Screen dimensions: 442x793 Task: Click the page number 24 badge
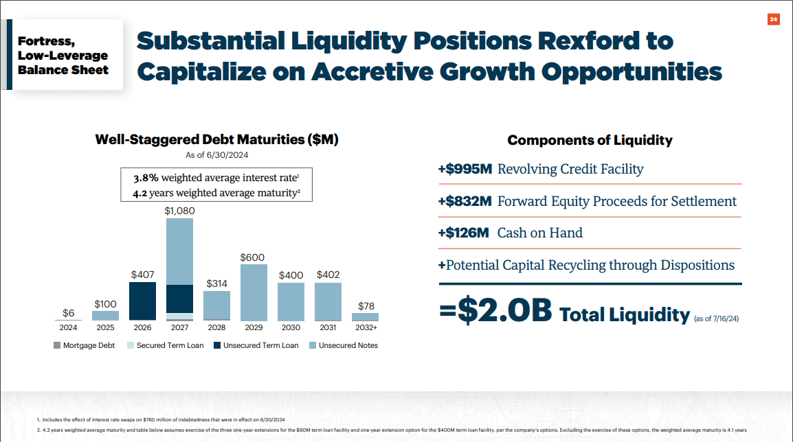tap(773, 20)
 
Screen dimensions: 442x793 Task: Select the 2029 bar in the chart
tap(254, 293)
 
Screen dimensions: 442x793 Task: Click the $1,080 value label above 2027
tap(179, 211)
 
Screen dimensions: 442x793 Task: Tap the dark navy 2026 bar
tap(142, 301)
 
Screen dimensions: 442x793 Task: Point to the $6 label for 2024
tap(68, 313)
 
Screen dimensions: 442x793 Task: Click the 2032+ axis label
tap(365, 328)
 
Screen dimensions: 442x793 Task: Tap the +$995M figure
tap(465, 169)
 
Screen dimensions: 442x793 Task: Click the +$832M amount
tap(465, 201)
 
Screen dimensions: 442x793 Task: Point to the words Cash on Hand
tap(539, 233)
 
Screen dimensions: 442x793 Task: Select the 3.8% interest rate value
tap(146, 178)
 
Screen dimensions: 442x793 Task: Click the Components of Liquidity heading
tap(590, 140)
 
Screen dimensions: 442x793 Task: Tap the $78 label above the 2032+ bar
tap(366, 306)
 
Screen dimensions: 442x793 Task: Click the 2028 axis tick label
tap(216, 328)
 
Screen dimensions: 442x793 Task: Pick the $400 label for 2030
tap(291, 275)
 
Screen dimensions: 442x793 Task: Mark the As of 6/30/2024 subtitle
tap(216, 155)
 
